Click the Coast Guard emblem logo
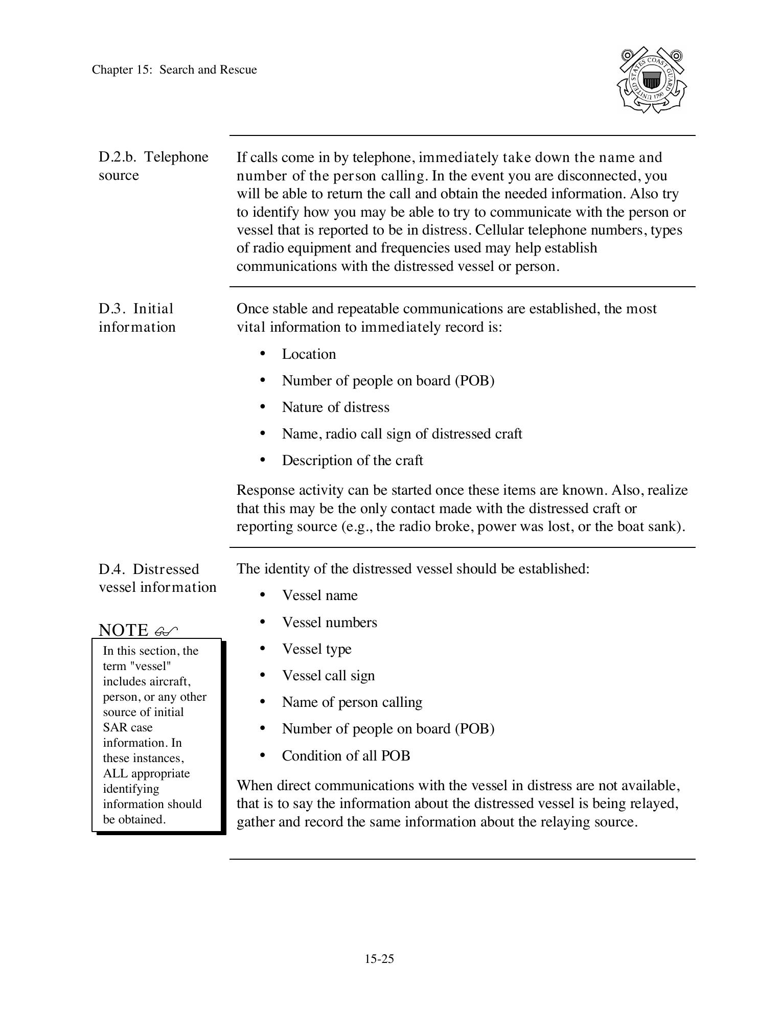(652, 80)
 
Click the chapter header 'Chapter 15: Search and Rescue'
(174, 70)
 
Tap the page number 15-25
(379, 959)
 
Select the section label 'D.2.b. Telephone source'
(153, 166)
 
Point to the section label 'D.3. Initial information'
(137, 317)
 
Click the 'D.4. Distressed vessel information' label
(157, 578)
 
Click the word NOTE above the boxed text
(124, 630)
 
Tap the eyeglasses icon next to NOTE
(166, 631)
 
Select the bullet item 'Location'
(309, 354)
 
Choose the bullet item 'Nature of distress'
(335, 407)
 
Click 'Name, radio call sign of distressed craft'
(402, 434)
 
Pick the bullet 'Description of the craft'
(352, 461)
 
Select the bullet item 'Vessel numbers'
(329, 623)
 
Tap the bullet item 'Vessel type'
(316, 649)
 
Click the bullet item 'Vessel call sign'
(328, 676)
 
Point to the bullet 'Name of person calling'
(352, 702)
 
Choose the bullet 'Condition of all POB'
(346, 756)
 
